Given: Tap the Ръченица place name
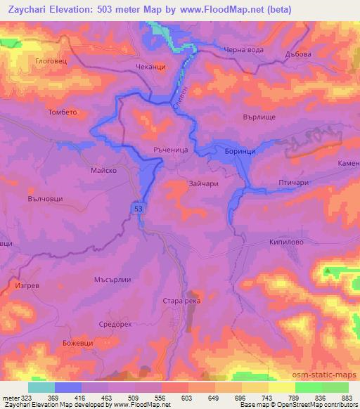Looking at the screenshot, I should tap(167, 150).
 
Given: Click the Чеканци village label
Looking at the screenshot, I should tap(150, 67).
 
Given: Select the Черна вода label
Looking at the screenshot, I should tap(243, 49).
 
